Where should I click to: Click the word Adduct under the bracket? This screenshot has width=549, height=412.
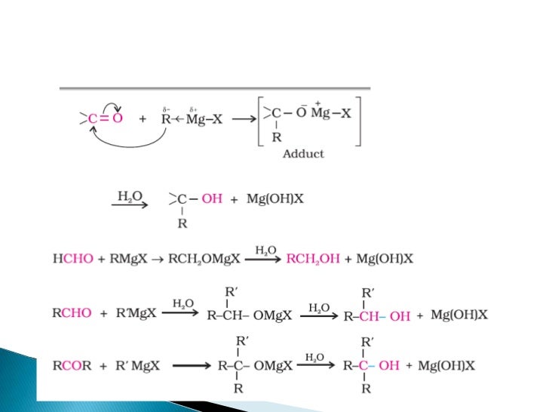click(303, 154)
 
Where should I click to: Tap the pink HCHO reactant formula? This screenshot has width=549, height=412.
click(73, 258)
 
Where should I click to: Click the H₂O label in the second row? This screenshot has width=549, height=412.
click(126, 195)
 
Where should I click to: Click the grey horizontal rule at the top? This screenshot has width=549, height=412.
click(215, 89)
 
